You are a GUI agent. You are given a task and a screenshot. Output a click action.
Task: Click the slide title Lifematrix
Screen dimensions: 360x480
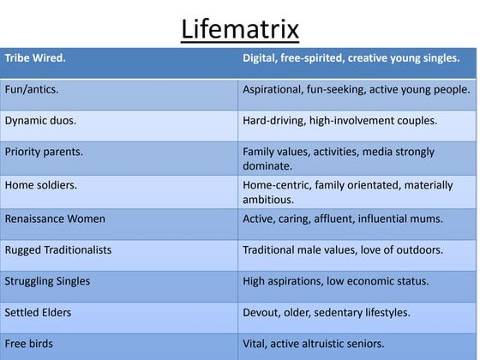click(x=240, y=29)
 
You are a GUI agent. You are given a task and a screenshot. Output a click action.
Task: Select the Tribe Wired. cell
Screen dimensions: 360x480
click(x=35, y=58)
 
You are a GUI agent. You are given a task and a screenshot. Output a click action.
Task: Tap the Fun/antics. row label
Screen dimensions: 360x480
click(x=32, y=89)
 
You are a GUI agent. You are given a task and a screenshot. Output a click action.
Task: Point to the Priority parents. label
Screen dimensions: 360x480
click(x=44, y=152)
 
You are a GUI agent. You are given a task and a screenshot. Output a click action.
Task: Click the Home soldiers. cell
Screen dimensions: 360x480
click(x=40, y=184)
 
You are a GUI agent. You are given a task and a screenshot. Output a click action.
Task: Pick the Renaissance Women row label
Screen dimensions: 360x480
click(x=55, y=219)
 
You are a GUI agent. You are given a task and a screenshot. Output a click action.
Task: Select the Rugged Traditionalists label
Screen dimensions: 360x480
click(x=57, y=250)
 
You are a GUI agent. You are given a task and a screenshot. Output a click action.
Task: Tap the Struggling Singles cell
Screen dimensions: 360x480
click(x=47, y=281)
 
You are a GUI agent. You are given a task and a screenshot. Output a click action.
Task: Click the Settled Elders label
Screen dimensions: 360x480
click(x=39, y=312)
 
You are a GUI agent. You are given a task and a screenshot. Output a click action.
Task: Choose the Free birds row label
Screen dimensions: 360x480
click(x=28, y=344)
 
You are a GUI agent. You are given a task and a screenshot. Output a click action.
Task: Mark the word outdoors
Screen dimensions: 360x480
click(x=419, y=250)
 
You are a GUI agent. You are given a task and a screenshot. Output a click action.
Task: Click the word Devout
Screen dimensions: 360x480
click(x=261, y=312)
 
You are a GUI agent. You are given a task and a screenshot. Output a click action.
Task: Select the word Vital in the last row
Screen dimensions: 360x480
click(x=256, y=344)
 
